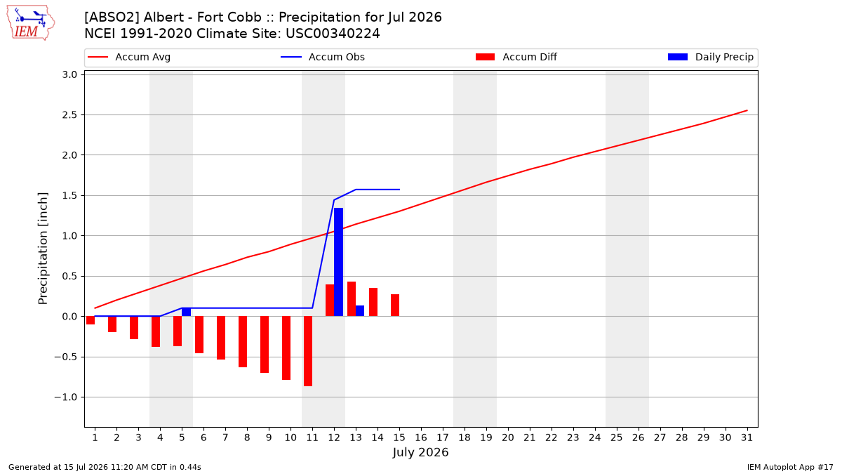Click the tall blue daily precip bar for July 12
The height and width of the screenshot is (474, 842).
click(x=338, y=262)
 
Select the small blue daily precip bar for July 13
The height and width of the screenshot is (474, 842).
click(x=360, y=310)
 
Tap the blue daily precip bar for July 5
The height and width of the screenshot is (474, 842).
click(x=186, y=312)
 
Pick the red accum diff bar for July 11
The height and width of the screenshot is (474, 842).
click(x=308, y=351)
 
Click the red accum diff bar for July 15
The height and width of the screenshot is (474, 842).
click(x=394, y=305)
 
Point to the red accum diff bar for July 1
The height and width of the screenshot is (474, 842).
click(x=91, y=320)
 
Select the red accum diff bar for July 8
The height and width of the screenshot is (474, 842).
click(x=243, y=341)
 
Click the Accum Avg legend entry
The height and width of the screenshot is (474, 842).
click(x=129, y=57)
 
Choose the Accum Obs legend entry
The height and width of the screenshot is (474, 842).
click(x=323, y=57)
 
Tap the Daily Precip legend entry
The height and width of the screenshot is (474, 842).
click(x=710, y=57)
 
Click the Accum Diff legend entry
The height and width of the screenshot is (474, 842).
click(x=516, y=57)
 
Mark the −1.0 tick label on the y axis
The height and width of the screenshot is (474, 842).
click(x=66, y=397)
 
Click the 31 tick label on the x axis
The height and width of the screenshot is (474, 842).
click(x=747, y=437)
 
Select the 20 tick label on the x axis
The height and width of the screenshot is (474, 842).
click(x=508, y=437)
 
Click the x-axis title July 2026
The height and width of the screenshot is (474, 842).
click(x=420, y=452)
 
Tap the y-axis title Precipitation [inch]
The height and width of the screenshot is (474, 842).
click(x=43, y=249)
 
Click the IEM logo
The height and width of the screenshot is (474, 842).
click(x=30, y=23)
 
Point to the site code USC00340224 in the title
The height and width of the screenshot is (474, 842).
click(x=333, y=34)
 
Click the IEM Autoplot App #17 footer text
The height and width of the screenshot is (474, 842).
click(x=790, y=467)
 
